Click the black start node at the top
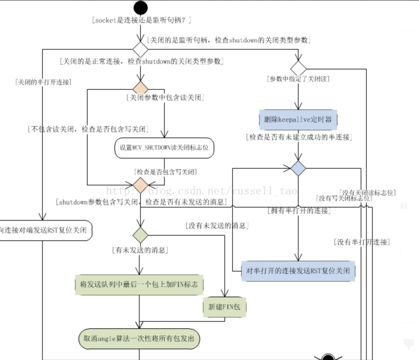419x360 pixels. click(140, 8)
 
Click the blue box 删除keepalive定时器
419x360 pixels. click(298, 120)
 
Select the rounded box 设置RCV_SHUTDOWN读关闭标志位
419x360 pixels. click(164, 148)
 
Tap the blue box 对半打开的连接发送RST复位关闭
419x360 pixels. click(298, 271)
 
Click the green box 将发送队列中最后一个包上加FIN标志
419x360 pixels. click(139, 284)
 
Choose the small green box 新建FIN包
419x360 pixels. click(224, 307)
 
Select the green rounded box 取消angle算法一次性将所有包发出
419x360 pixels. click(139, 338)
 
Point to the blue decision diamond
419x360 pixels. click(298, 168)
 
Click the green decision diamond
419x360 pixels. click(140, 235)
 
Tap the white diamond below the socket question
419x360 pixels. click(140, 49)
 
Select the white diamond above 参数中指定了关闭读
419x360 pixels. click(298, 68)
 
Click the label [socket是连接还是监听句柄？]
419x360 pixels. click(141, 20)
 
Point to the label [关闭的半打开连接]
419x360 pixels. click(43, 82)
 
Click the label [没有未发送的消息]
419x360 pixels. click(217, 225)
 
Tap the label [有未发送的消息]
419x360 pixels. click(140, 250)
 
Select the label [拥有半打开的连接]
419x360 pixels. click(299, 211)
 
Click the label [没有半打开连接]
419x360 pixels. click(362, 242)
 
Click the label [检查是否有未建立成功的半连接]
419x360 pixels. click(299, 137)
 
